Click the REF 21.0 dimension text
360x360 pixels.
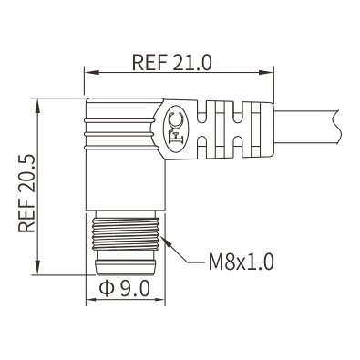pyautogui.click(x=171, y=62)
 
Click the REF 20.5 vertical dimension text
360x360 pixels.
pyautogui.click(x=27, y=194)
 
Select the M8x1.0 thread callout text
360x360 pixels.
pyautogui.click(x=242, y=262)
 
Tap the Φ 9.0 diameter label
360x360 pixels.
pyautogui.click(x=125, y=288)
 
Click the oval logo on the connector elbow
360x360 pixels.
pyautogui.click(x=176, y=129)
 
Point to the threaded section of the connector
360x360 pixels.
pyautogui.click(x=126, y=233)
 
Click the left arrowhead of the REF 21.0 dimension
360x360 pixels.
pyautogui.click(x=92, y=73)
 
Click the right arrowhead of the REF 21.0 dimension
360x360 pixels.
pyautogui.click(x=266, y=73)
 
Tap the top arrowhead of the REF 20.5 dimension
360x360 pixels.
pyautogui.click(x=37, y=106)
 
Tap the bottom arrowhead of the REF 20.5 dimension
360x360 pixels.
pyautogui.click(x=37, y=267)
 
